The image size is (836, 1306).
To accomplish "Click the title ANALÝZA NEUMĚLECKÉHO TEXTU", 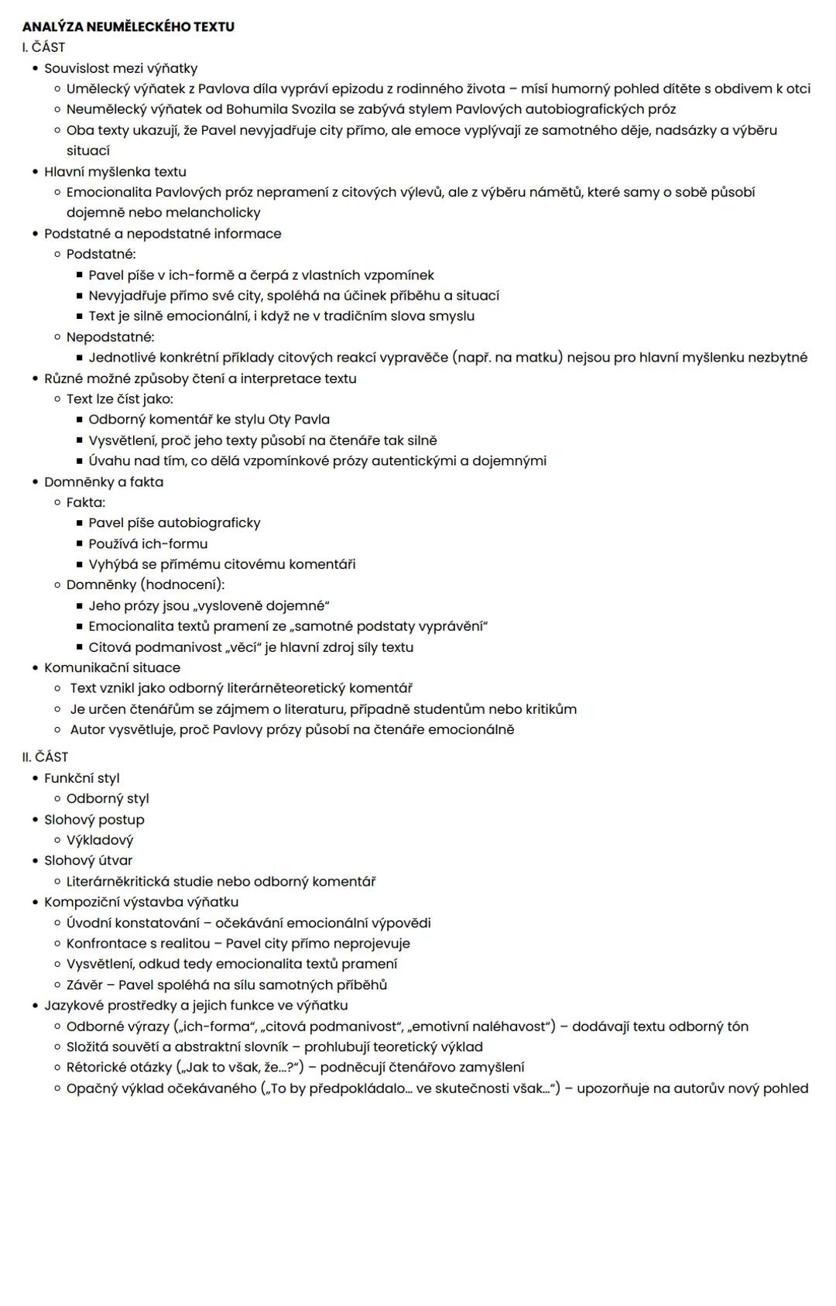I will [128, 27].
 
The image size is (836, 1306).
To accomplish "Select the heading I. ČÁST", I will [43, 47].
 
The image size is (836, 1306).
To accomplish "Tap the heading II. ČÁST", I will [45, 757].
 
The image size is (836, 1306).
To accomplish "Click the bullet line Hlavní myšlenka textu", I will [115, 172].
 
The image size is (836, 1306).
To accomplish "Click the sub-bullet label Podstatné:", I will [101, 254].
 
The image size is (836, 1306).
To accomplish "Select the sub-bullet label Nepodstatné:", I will [110, 337].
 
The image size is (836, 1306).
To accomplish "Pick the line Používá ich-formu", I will [148, 543].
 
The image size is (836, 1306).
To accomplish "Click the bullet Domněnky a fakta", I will [104, 482].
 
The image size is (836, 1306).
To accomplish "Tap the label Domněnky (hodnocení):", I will [146, 584].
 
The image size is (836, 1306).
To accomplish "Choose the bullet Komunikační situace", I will [112, 667].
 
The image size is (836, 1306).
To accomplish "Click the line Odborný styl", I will [108, 798].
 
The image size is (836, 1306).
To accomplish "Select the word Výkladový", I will [100, 840].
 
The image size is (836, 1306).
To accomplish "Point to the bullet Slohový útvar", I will [88, 860].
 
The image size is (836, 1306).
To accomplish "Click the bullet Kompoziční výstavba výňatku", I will [141, 902].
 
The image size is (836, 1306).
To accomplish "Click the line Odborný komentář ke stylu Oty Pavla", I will [209, 420].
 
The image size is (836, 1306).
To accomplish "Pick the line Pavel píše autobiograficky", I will [174, 523].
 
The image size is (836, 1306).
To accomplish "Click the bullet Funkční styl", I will [82, 778].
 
